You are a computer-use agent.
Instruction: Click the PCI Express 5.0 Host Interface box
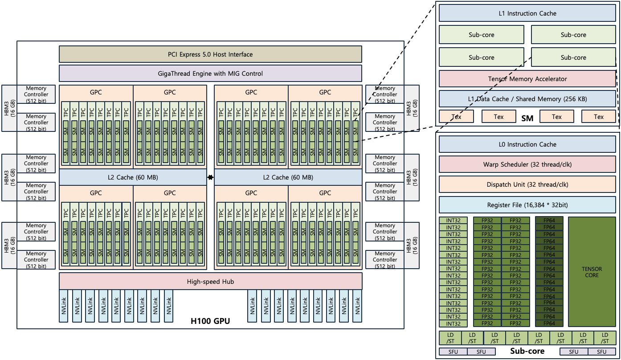(x=210, y=54)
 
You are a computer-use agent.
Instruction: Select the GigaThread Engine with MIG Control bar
(x=210, y=74)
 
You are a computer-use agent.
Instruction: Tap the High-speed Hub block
(x=210, y=282)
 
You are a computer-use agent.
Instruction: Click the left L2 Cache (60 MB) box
(x=133, y=177)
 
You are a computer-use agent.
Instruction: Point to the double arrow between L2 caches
(x=210, y=178)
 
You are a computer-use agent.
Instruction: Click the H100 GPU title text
(x=210, y=321)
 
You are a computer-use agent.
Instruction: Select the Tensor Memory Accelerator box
(x=527, y=79)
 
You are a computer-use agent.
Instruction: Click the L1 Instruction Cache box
(x=527, y=13)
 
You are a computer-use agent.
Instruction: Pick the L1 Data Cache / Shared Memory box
(x=527, y=99)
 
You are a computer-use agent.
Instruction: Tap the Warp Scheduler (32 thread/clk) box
(x=527, y=164)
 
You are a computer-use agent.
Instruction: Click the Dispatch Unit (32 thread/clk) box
(x=527, y=184)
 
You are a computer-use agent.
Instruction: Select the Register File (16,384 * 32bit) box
(x=527, y=205)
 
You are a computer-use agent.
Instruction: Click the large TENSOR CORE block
(x=592, y=272)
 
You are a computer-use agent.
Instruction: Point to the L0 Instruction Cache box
(x=527, y=144)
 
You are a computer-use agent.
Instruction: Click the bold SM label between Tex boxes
(x=527, y=119)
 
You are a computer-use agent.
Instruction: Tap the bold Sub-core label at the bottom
(x=527, y=351)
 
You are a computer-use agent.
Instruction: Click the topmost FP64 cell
(x=549, y=220)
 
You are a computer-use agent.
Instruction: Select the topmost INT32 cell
(x=453, y=220)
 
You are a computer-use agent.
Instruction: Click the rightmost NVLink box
(x=357, y=306)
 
